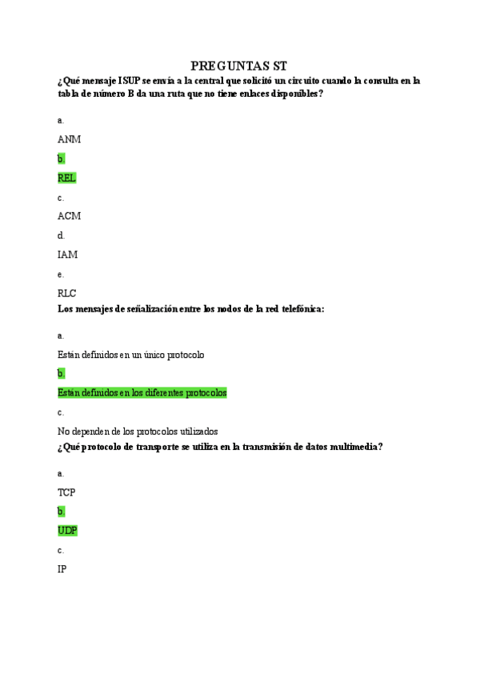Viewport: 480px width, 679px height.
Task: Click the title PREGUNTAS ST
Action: pos(239,66)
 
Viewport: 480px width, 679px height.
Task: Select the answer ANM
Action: pos(69,139)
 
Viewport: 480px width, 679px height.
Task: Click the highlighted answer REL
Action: pos(67,178)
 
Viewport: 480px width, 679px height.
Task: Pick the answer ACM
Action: pos(69,216)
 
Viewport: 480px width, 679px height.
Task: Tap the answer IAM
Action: pos(67,255)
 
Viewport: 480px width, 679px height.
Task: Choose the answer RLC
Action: pos(67,293)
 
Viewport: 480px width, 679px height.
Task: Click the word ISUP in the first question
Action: pos(129,81)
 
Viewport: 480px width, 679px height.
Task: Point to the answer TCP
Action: pos(66,492)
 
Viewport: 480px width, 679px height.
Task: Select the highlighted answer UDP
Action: pos(67,531)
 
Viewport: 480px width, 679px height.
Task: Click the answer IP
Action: pos(62,569)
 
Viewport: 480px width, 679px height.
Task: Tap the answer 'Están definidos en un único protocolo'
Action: pos(131,355)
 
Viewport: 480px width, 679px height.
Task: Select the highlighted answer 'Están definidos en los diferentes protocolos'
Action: pos(142,393)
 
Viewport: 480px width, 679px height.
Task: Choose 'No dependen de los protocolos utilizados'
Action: pos(138,432)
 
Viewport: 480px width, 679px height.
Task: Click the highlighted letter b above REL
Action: pos(61,159)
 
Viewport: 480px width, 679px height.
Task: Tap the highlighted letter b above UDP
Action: pos(61,512)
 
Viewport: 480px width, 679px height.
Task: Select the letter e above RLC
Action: pos(61,274)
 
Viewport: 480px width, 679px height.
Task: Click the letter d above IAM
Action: pos(61,235)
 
